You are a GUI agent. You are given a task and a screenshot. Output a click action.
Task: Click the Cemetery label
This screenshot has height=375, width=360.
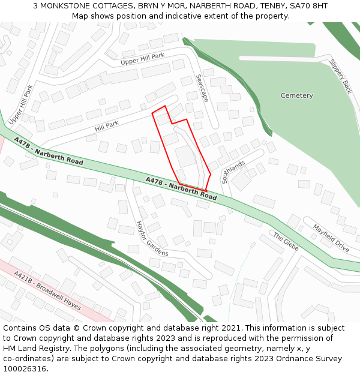tap(296, 96)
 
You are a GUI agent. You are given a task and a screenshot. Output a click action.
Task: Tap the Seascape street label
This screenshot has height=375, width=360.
tap(202, 88)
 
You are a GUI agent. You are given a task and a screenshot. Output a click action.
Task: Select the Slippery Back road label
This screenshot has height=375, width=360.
tap(340, 76)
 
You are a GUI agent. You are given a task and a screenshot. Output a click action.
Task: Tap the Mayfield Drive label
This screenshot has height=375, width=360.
tap(331, 238)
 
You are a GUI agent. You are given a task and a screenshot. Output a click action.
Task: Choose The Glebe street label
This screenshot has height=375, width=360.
tap(286, 242)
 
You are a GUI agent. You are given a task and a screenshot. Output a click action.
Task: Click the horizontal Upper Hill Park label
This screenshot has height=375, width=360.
tap(142, 59)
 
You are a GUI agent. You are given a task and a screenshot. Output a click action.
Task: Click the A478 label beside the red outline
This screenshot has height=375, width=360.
tap(181, 188)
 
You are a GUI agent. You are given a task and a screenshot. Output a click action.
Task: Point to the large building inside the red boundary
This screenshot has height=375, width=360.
tap(185, 156)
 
